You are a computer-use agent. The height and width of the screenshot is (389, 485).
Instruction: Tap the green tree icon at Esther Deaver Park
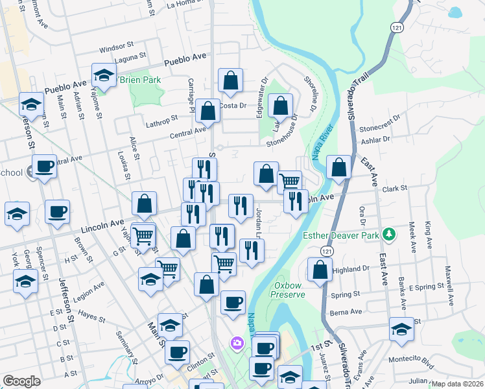388,233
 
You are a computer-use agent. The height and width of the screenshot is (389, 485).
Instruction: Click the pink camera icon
237,342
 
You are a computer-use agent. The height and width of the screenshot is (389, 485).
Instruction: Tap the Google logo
21,381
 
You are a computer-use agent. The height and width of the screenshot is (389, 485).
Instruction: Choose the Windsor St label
115,48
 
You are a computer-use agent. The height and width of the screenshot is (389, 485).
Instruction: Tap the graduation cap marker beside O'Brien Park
103,77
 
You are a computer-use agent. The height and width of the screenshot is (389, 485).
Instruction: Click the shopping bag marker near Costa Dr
208,112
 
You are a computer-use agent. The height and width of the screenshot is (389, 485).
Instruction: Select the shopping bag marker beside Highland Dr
320,271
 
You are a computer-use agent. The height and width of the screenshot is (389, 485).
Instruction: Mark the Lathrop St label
161,119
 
